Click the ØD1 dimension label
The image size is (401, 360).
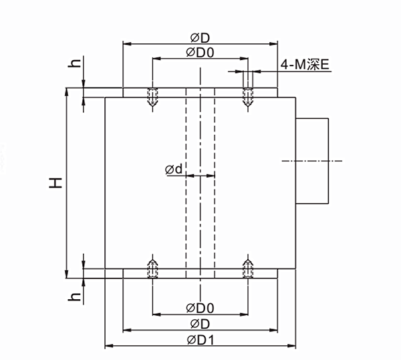200,339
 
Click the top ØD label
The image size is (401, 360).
200,37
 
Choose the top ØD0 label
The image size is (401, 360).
200,52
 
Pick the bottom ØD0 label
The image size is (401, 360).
200,307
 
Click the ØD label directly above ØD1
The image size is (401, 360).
200,323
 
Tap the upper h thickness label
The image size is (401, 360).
76,64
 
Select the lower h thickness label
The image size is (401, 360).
76,295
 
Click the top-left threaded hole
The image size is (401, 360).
153,98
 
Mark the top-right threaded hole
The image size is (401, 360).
248,98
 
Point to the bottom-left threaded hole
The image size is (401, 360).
153,268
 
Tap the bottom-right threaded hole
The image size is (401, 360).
248,268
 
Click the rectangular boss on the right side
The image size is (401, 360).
312,160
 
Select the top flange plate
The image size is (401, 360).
200,93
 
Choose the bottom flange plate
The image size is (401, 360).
200,273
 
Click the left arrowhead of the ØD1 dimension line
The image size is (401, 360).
109,346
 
